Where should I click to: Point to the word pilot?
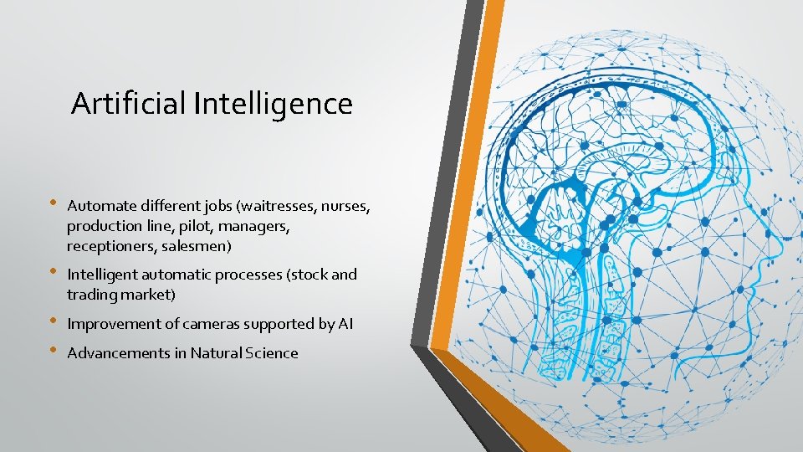pos(195,226)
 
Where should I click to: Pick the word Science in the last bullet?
pos(272,353)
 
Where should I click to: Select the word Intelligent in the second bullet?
pos(103,275)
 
